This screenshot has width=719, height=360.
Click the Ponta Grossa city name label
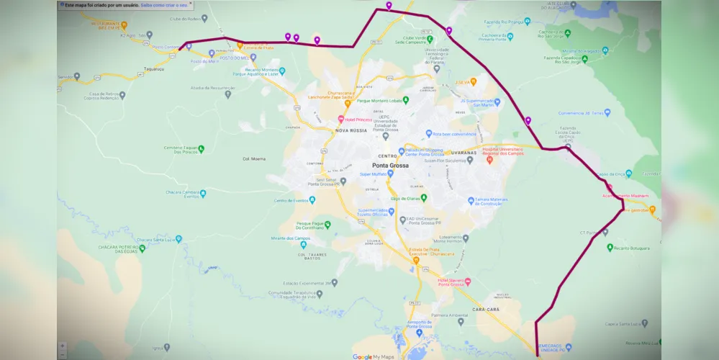coord(390,166)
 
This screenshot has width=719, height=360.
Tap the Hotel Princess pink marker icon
coord(341,119)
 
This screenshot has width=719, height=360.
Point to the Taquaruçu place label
coord(154,70)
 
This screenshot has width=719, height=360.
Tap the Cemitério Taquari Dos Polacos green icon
coord(202,149)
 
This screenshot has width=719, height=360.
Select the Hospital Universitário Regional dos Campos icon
coord(489,159)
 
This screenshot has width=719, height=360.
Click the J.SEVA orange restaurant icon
coord(474,82)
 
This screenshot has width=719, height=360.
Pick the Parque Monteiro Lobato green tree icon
coord(405,100)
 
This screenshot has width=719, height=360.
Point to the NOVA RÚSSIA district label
coord(351,130)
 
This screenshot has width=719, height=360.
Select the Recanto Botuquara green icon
coord(609,248)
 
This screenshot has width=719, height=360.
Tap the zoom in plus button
coord(62,346)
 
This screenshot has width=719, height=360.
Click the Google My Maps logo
coord(373,356)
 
